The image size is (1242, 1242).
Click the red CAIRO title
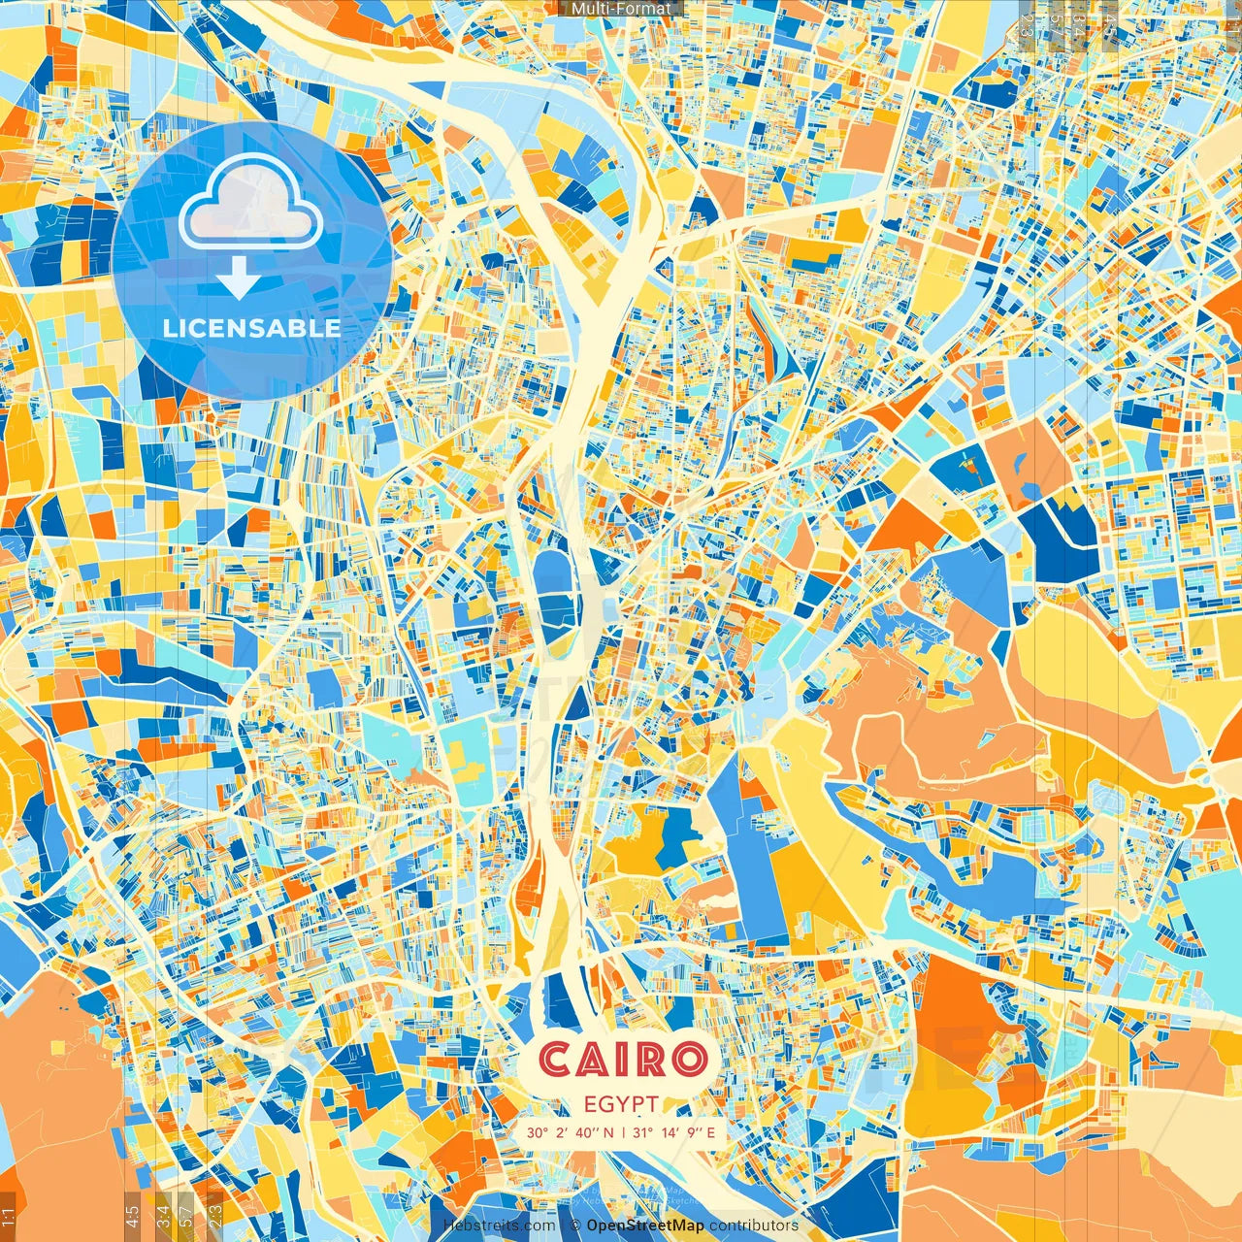click(x=622, y=1060)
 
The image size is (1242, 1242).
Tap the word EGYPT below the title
click(x=622, y=1104)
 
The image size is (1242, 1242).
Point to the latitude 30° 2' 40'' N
click(x=571, y=1132)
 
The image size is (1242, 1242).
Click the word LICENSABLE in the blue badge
click(x=251, y=328)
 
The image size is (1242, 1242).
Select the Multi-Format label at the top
click(x=621, y=9)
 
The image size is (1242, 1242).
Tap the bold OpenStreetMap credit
click(x=645, y=1226)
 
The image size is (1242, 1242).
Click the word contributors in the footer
click(x=754, y=1226)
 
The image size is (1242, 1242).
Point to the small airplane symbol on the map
click(x=987, y=285)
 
